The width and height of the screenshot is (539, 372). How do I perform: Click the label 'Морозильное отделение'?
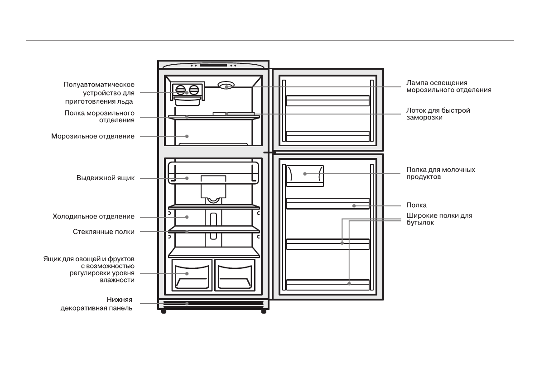point(92,136)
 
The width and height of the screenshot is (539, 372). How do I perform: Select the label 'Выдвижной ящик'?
point(105,178)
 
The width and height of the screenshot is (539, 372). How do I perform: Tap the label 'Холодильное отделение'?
point(93,217)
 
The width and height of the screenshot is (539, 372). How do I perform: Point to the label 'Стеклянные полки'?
point(103,232)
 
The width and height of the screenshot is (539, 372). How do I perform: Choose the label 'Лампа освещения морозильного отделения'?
point(448,86)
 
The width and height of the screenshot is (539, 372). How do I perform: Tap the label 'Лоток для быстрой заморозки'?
point(438,114)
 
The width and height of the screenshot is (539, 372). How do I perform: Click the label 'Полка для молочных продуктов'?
point(440,173)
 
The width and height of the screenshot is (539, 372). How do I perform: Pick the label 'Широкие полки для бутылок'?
point(439,219)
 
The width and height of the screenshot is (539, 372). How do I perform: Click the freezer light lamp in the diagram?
point(226,85)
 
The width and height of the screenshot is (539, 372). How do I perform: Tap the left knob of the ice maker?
point(181,90)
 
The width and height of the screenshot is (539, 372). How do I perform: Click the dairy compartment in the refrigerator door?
point(305,175)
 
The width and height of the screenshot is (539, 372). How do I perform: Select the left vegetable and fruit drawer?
point(192,275)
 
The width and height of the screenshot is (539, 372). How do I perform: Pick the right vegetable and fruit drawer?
point(234,275)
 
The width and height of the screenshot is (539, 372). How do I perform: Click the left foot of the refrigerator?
point(164,312)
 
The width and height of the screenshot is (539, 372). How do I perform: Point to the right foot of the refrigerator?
point(264,312)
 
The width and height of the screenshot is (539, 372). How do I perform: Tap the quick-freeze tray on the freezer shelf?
point(233,113)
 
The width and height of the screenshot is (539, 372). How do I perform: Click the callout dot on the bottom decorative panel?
point(186,304)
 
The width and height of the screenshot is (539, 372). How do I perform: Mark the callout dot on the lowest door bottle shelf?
point(349,284)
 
